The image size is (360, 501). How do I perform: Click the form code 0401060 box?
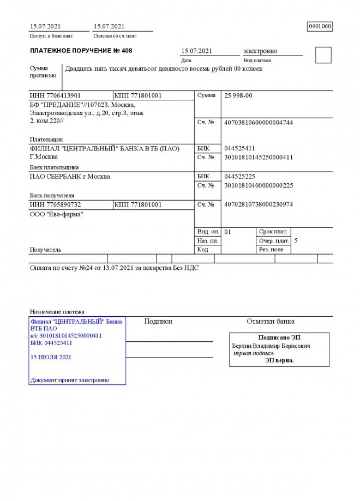(x=320, y=26)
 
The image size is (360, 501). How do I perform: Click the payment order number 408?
(x=127, y=51)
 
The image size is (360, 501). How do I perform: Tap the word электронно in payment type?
(x=260, y=51)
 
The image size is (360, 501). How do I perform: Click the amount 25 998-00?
(x=238, y=95)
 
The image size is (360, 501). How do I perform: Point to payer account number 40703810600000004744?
(x=259, y=122)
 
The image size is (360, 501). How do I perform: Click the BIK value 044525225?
(x=239, y=177)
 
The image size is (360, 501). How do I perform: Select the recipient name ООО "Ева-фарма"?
(x=52, y=214)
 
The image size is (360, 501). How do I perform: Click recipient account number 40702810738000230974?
(x=259, y=204)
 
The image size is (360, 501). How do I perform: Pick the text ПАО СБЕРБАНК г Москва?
(x=69, y=177)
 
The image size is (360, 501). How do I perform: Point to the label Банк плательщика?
(x=53, y=167)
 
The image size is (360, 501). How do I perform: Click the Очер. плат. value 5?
(x=296, y=240)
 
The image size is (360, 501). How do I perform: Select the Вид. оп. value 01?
(x=228, y=232)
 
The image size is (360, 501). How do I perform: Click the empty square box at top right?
(x=323, y=55)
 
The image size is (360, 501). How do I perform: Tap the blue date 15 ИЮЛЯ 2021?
(x=51, y=357)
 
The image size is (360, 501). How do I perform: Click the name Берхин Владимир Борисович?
(x=271, y=346)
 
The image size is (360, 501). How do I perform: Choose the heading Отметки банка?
(x=271, y=321)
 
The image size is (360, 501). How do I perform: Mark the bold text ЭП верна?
(x=279, y=360)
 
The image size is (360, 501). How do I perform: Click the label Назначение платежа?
(x=57, y=311)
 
